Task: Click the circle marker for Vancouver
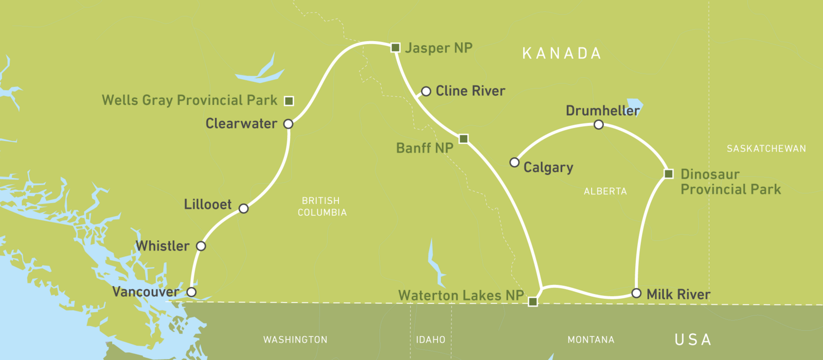tap(191, 292)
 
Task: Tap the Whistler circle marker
tap(201, 246)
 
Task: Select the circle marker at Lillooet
tap(244, 208)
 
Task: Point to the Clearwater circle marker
tap(289, 124)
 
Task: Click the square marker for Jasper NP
tap(396, 48)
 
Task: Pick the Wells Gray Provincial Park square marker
tap(290, 101)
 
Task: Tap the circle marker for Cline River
tap(426, 92)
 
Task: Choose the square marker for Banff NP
tap(463, 139)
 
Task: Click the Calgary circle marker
tap(514, 163)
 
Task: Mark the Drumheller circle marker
tap(599, 124)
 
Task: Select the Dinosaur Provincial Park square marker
tap(669, 174)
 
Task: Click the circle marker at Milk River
tap(636, 294)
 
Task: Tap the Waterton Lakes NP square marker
tap(533, 302)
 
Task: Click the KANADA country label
tap(562, 53)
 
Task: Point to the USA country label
tap(693, 339)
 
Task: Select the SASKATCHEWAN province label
tap(766, 149)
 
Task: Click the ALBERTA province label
tap(605, 191)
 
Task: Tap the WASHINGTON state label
tap(295, 340)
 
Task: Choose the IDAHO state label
tap(431, 340)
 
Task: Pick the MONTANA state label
tap(591, 340)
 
